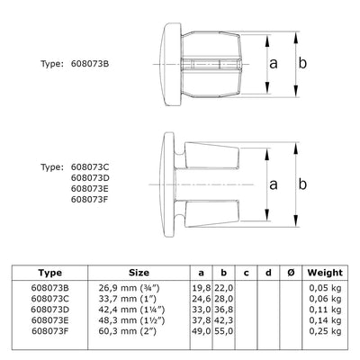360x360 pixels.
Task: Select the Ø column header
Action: click(x=287, y=271)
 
